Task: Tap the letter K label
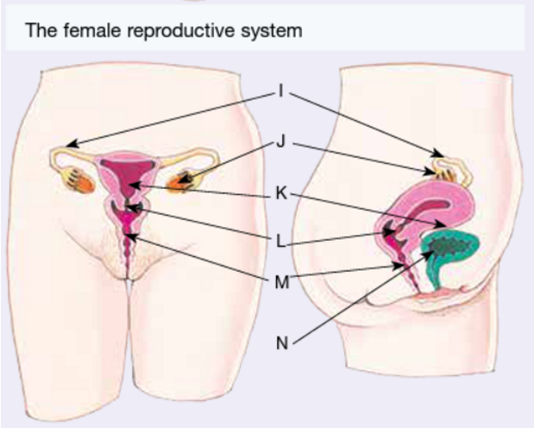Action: tap(280, 193)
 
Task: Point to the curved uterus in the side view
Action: tap(431, 207)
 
